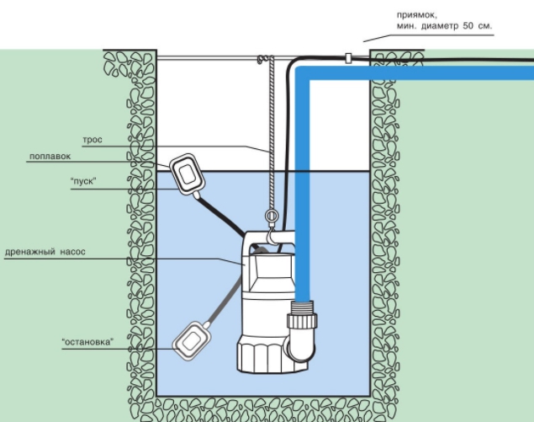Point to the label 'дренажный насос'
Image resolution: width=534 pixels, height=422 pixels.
click(45, 252)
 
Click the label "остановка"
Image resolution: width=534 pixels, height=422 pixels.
click(87, 341)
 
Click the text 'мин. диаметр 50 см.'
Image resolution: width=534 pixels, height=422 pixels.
click(443, 27)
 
